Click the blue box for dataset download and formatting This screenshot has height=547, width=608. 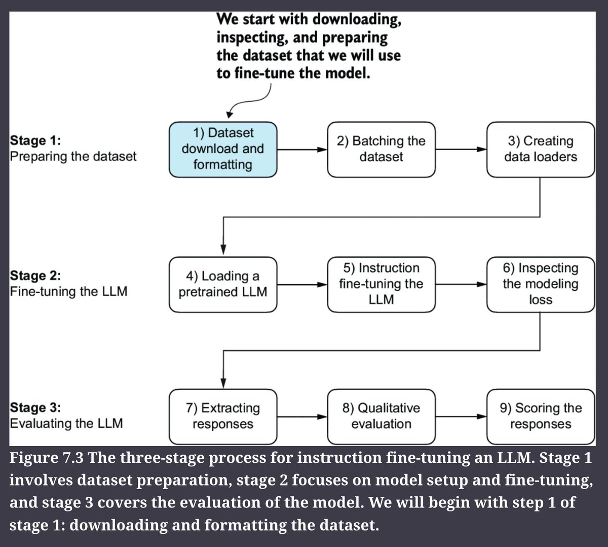(223, 149)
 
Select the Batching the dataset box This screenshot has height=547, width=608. (381, 149)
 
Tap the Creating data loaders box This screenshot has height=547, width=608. (541, 149)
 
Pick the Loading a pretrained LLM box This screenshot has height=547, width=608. (223, 284)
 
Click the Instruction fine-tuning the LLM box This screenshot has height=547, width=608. (381, 284)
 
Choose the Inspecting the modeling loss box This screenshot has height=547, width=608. (541, 284)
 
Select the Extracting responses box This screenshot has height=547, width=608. (223, 417)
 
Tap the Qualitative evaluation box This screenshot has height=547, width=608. (381, 417)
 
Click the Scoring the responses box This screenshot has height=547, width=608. (541, 417)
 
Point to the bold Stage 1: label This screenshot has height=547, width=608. (35, 141)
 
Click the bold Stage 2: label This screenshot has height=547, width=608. (35, 276)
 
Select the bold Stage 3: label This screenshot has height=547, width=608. (35, 407)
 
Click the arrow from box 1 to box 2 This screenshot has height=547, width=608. (302, 149)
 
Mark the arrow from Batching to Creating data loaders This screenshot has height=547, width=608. (461, 149)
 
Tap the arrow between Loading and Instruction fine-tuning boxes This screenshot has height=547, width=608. (302, 284)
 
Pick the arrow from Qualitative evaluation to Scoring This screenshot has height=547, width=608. (461, 416)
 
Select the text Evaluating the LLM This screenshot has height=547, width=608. (66, 424)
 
